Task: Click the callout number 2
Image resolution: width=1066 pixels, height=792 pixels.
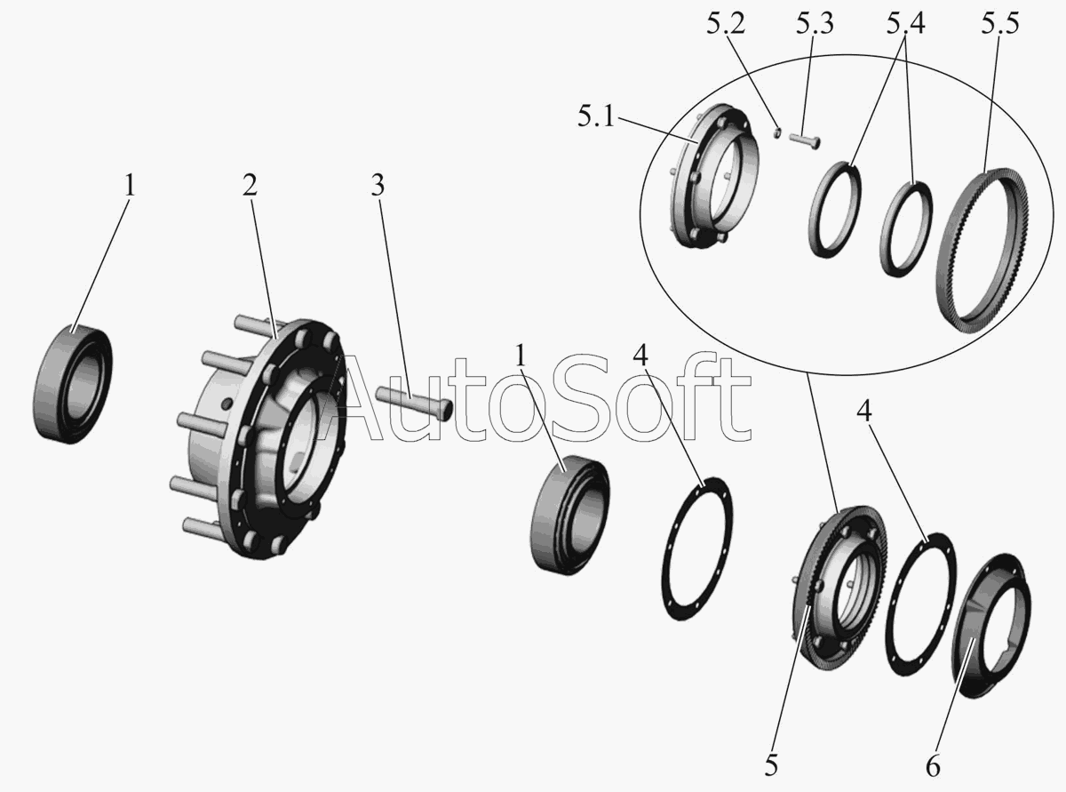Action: [x=250, y=185]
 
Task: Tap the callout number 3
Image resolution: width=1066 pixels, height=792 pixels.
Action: [x=378, y=185]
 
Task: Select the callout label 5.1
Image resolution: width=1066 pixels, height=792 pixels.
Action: [x=596, y=116]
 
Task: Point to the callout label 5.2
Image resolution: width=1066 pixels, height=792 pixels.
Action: [x=726, y=23]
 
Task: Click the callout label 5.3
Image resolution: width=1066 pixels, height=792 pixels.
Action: [x=815, y=23]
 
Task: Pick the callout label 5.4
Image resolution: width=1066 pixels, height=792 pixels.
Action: [x=906, y=23]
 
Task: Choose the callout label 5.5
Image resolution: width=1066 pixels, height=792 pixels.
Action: [x=999, y=23]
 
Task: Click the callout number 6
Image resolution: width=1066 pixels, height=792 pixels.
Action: [x=933, y=766]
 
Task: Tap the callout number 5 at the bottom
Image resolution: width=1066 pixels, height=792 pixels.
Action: [x=771, y=765]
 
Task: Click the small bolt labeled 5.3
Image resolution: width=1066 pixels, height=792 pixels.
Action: [x=804, y=141]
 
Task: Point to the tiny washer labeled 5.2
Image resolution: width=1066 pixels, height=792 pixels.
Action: [x=777, y=132]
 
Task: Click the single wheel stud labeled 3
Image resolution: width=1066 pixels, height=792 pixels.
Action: [x=414, y=404]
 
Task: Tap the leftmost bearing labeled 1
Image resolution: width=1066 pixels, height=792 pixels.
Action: [x=73, y=384]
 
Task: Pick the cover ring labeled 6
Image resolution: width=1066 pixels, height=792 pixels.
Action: [x=991, y=625]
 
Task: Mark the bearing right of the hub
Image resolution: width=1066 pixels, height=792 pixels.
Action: [x=570, y=515]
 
